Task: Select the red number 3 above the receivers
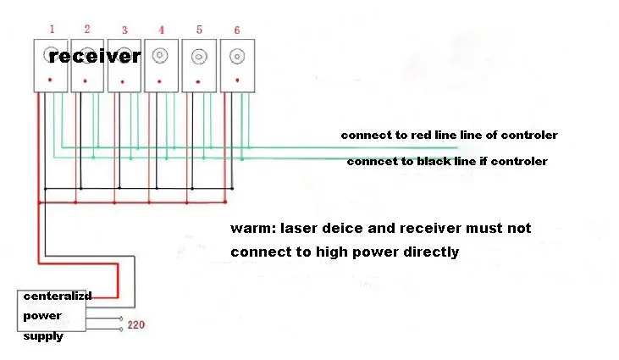point(124,30)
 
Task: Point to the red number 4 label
point(161,30)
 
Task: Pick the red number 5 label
point(199,30)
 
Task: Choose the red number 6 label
point(236,30)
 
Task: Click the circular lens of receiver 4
point(161,56)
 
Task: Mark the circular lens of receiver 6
point(236,57)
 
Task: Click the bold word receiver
point(94,57)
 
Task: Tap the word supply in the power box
point(43,336)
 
